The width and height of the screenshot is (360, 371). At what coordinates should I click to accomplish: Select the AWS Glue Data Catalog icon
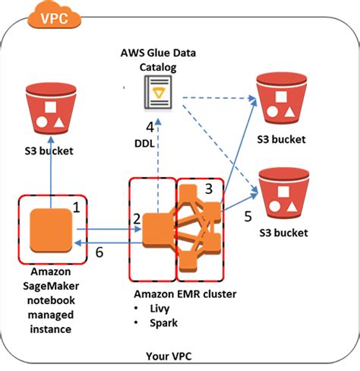tap(158, 92)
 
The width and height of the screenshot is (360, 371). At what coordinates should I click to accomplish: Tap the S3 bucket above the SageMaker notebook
tap(51, 108)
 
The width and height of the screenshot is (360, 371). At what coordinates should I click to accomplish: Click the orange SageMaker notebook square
tap(51, 230)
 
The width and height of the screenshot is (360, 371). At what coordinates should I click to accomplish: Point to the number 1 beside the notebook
tap(77, 208)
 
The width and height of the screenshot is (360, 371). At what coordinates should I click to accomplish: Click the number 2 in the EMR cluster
tap(137, 219)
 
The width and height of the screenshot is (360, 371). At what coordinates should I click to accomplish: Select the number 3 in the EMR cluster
tap(209, 189)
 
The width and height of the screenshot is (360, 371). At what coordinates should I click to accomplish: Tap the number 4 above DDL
tap(150, 127)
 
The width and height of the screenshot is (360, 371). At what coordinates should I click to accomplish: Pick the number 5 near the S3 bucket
tap(248, 216)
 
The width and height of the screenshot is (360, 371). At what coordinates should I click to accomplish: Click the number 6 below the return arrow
tap(99, 252)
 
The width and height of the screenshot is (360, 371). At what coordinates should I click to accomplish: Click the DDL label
tap(144, 144)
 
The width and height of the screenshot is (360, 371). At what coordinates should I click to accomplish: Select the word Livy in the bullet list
tap(159, 309)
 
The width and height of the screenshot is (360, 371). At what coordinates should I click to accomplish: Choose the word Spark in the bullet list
tap(163, 323)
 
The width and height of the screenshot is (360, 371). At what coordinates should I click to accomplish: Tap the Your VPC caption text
tap(169, 356)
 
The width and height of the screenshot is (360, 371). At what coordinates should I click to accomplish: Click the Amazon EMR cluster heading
tap(185, 294)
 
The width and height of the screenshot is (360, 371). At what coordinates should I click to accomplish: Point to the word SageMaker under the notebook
tap(51, 286)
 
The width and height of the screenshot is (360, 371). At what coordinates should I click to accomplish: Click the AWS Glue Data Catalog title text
tap(158, 60)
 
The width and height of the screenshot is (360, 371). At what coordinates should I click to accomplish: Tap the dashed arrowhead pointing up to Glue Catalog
tap(158, 122)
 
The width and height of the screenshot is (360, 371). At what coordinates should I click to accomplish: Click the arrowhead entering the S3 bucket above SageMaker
tap(51, 140)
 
